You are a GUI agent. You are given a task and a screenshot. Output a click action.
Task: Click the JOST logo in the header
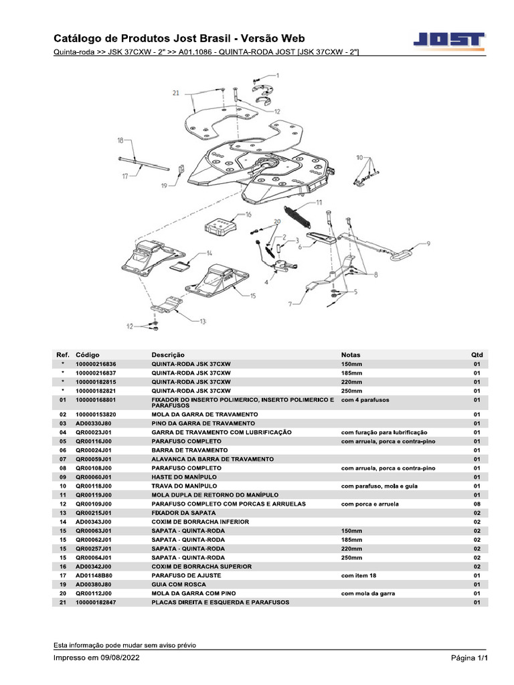450,41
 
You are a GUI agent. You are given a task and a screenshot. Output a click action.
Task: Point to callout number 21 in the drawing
175,94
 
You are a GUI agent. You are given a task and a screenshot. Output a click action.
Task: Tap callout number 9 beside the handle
428,243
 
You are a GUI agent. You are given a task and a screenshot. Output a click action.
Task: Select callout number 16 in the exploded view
248,215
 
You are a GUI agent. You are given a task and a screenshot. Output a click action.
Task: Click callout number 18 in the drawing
120,140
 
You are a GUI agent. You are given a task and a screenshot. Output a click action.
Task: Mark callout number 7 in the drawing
290,304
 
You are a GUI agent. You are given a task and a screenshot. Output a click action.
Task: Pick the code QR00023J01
93,433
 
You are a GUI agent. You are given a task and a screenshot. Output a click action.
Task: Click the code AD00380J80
93,585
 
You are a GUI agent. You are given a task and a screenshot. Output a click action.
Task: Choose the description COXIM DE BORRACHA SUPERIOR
201,567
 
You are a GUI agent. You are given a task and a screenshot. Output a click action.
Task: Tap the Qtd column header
477,355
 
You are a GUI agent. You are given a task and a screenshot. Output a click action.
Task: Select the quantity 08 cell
477,504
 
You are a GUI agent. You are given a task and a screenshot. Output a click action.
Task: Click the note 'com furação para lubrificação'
384,433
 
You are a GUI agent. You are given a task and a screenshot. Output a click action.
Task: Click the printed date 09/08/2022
118,658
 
